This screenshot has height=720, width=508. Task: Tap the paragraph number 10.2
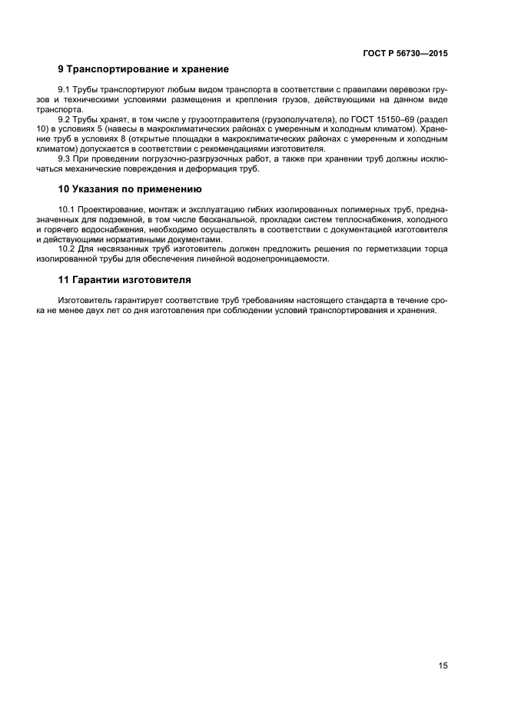pyautogui.click(x=68, y=248)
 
